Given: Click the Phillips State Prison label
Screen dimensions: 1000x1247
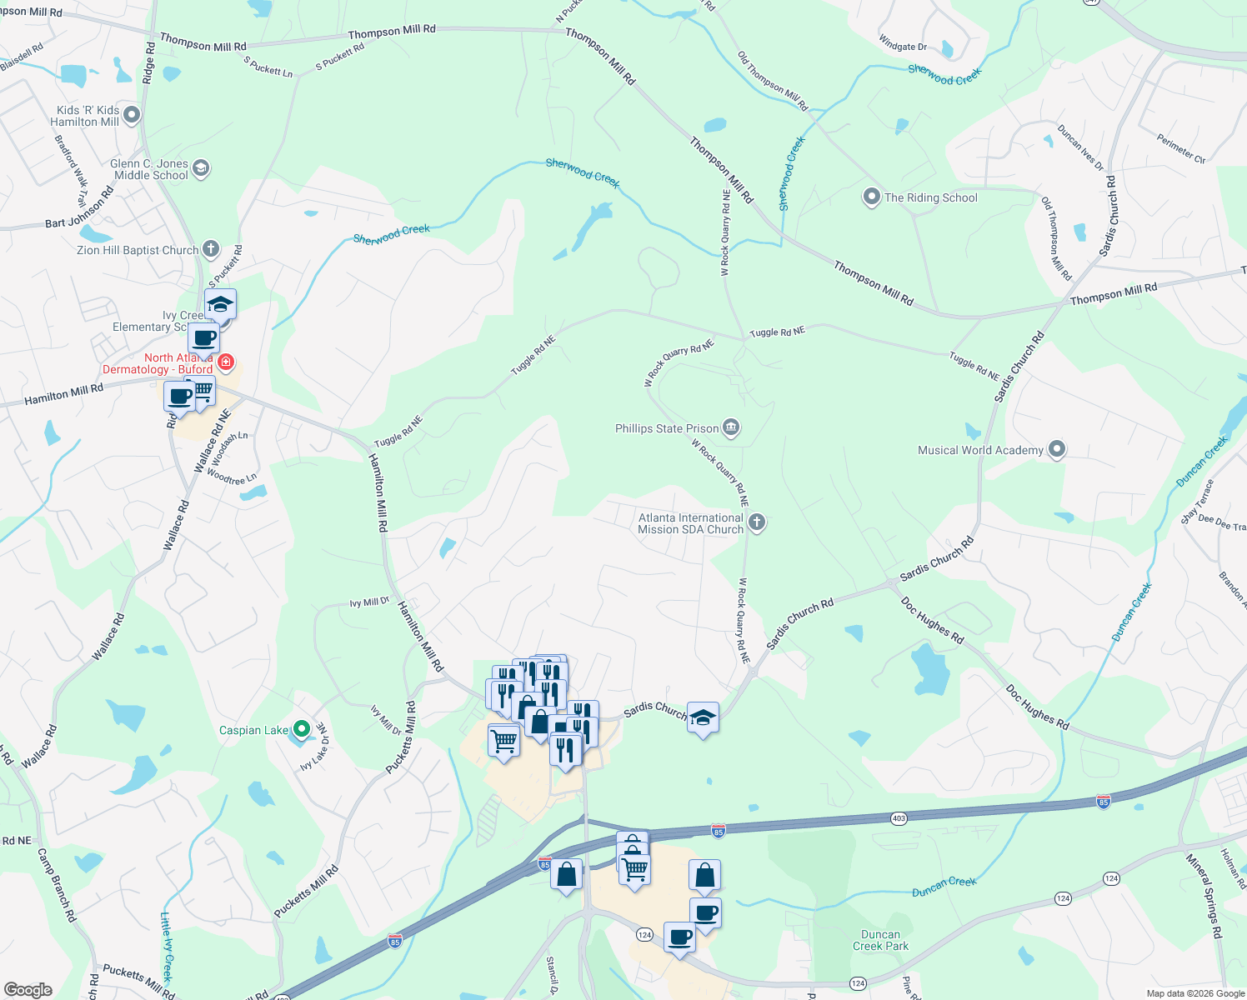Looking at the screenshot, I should point(667,428).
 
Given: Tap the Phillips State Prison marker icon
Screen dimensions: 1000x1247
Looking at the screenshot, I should point(731,428).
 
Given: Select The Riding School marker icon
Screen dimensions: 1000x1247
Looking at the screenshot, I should point(871,197).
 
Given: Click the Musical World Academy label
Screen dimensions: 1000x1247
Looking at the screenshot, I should point(980,450).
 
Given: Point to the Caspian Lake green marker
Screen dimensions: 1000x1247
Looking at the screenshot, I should point(302,730).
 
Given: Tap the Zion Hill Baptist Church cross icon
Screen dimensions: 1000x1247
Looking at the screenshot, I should point(211,248).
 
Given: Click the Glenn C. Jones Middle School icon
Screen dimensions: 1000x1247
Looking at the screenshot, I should point(200,168).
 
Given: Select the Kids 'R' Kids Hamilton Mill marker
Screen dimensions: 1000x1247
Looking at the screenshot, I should point(132,115).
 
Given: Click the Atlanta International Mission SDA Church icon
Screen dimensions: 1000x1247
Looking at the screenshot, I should point(756,522).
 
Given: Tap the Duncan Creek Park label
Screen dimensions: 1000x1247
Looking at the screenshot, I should point(880,940).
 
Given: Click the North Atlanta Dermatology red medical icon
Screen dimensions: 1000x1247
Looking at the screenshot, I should point(226,362).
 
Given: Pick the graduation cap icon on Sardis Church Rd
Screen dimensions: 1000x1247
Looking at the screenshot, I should point(703,717).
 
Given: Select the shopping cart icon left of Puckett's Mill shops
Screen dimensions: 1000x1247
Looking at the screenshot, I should point(503,740).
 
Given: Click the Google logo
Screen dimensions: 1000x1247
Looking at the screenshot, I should point(28,990).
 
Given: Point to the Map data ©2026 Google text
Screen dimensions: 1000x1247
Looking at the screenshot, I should point(1195,993).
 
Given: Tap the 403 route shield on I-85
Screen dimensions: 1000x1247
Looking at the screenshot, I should point(898,819).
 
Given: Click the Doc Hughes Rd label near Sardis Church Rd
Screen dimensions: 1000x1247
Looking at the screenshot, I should point(932,620).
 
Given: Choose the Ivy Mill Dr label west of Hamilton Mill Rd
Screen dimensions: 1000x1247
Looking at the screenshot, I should point(369,602).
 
